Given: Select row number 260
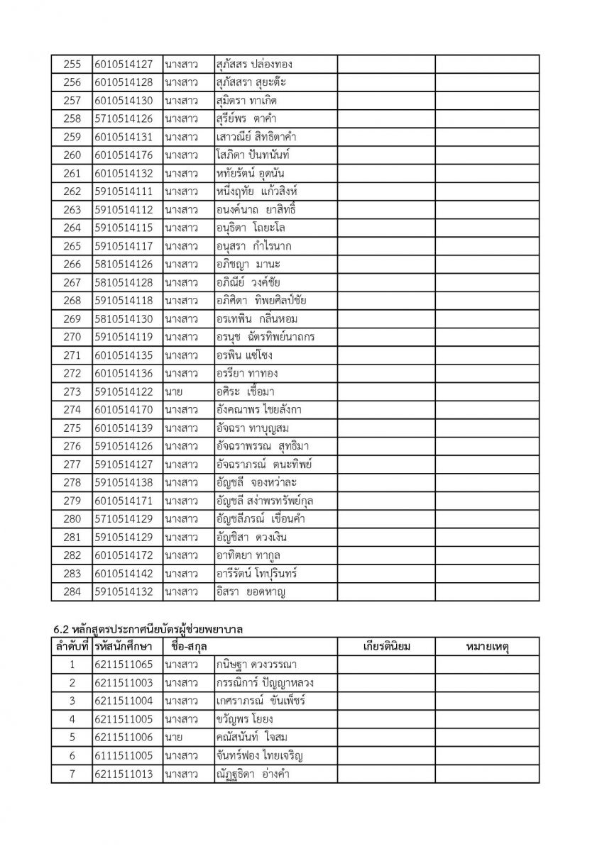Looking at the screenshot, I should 72,155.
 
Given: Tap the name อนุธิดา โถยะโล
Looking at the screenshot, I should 251,228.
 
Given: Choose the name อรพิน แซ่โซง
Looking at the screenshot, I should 244,355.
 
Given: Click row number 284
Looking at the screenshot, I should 72,591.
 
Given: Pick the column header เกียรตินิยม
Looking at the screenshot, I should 387,646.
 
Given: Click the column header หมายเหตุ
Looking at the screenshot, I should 486,646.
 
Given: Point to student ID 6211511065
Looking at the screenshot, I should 123,664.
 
